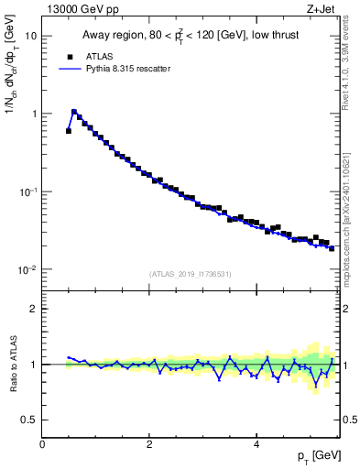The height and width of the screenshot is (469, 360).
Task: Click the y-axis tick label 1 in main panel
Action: [34, 115]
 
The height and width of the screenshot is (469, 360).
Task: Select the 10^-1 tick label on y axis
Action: [28, 192]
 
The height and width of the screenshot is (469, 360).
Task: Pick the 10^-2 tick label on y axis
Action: [28, 270]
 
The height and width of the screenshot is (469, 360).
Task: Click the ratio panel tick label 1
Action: [34, 365]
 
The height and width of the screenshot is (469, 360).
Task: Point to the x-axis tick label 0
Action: [42, 445]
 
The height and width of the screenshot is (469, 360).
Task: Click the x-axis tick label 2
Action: [149, 445]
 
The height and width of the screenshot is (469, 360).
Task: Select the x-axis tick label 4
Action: [256, 445]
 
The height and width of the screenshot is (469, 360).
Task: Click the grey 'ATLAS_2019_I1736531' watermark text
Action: [191, 273]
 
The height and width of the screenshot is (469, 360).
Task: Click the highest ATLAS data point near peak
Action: [74, 113]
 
